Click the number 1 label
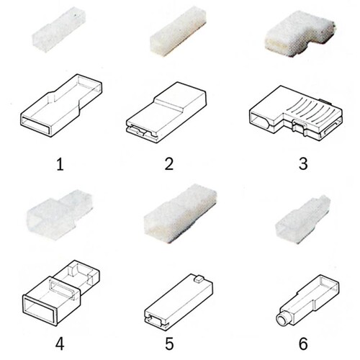(60, 165)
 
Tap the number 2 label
(169, 164)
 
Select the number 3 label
(303, 164)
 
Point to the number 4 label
(60, 344)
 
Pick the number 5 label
(169, 344)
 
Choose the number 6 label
(303, 344)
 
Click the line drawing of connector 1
(61, 106)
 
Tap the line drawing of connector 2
(166, 113)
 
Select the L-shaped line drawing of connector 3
(296, 113)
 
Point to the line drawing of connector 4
(61, 293)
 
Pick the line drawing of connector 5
(179, 302)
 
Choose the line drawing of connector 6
(307, 300)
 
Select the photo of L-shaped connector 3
(300, 35)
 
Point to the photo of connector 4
(59, 215)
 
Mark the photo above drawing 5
(181, 214)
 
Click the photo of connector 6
(303, 220)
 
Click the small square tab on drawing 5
(198, 279)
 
